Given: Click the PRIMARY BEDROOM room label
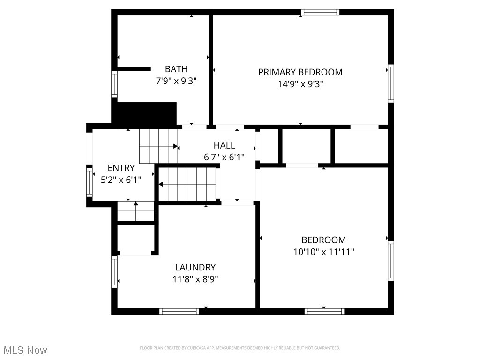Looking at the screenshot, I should click(300, 72).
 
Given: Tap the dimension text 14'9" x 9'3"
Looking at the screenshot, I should click(300, 84).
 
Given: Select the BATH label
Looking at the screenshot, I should click(176, 69).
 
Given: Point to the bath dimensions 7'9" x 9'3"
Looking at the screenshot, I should click(176, 81).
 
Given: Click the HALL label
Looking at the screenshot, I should click(224, 145).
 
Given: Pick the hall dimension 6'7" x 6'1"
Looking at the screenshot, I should click(224, 157).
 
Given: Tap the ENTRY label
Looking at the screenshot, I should click(121, 168).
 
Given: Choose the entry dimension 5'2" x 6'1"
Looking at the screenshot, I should click(121, 179).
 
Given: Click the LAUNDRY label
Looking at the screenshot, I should click(195, 268).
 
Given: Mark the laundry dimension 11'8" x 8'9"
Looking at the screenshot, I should click(195, 279).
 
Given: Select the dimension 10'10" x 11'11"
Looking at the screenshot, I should click(323, 252).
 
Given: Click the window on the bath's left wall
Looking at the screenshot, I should click(114, 84).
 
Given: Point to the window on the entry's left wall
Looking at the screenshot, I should click(89, 182).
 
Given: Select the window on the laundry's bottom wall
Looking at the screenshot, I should click(179, 311).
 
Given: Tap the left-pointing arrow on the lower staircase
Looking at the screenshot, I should click(161, 184).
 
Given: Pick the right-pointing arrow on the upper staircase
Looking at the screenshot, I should click(176, 146).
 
